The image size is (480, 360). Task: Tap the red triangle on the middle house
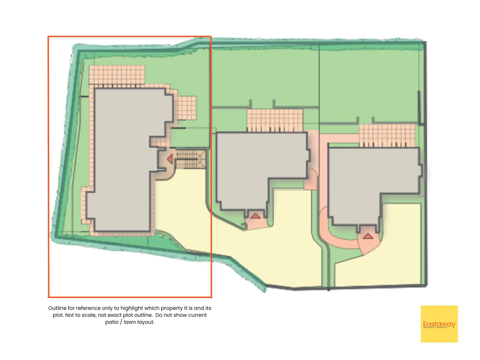point(255,216)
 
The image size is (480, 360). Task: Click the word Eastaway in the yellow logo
point(439,324)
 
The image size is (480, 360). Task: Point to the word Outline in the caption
point(58,308)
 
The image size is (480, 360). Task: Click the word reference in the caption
point(90,308)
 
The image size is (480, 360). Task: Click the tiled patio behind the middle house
point(275,120)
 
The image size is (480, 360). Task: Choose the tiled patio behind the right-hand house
point(387,135)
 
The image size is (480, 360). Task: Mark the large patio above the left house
point(117,75)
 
